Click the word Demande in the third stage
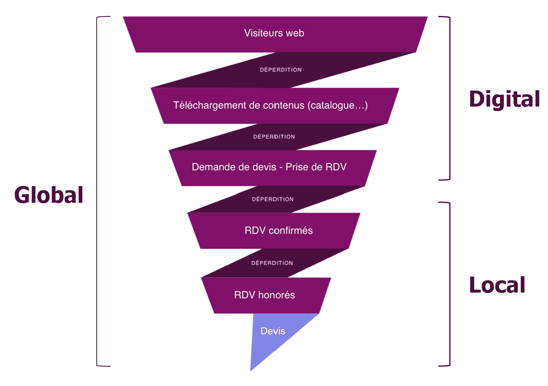coord(210,167)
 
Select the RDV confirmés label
coord(278,231)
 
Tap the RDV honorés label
coord(264,295)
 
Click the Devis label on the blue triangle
coord(273,331)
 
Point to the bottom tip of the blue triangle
coord(251,370)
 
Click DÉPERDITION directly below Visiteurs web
coord(281,70)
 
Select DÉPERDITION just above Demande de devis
coord(274,137)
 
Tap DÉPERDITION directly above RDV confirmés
coord(273,199)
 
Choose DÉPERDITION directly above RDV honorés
coord(272,263)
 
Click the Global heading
coord(49,195)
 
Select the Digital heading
coord(504,99)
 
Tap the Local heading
coord(497,285)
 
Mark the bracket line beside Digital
coord(450,98)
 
